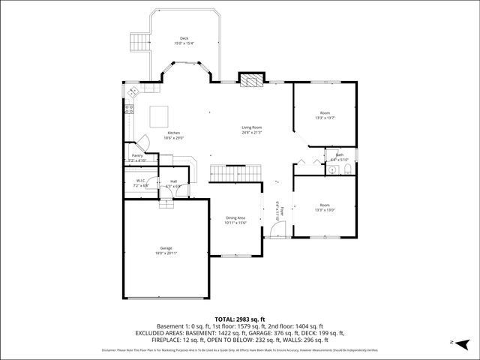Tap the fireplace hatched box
pyautogui.click(x=251, y=80)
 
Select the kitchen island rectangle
pyautogui.click(x=159, y=116)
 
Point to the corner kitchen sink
pyautogui.click(x=134, y=92)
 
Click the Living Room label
pyautogui.click(x=251, y=130)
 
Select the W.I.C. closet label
pyautogui.click(x=139, y=182)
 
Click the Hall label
pyautogui.click(x=173, y=183)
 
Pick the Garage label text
pyautogui.click(x=166, y=250)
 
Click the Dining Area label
pyautogui.click(x=235, y=220)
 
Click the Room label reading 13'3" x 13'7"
pyautogui.click(x=324, y=115)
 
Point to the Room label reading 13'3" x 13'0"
pyautogui.click(x=324, y=207)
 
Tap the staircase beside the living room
pyautogui.click(x=234, y=173)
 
